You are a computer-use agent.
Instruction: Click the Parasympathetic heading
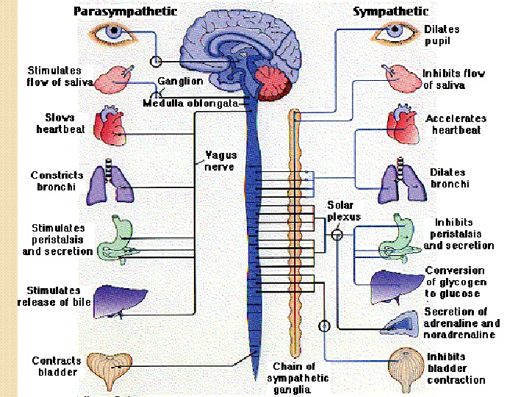pos(126,12)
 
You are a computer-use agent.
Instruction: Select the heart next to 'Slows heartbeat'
pos(111,127)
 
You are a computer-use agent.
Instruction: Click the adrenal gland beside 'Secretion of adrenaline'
pos(400,322)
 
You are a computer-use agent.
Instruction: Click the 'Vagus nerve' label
pos(220,161)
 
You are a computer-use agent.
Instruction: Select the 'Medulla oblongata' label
pos(190,104)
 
